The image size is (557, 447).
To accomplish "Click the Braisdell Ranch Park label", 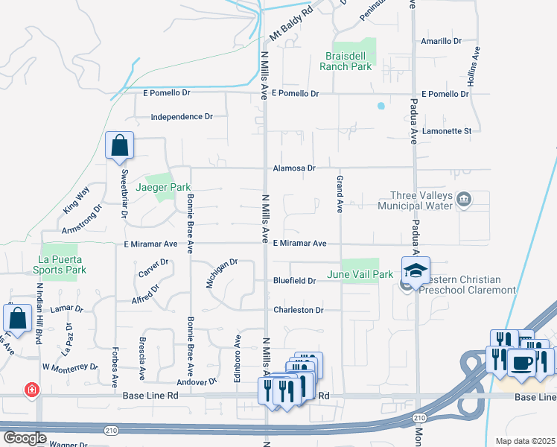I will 346,61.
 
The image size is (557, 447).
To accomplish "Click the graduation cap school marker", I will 416,269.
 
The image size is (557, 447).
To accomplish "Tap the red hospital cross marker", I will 31,390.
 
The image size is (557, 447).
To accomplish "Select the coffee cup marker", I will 521,362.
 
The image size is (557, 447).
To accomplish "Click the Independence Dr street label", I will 182,117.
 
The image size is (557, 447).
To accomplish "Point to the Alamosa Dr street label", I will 294,168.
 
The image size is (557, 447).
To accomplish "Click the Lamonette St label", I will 447,131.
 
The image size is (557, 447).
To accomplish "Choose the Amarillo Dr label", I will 441,42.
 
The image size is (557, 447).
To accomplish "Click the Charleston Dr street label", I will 298,310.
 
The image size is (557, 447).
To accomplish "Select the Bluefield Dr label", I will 296,281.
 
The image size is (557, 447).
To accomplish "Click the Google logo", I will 25,438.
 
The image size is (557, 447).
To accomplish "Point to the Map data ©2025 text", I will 525,441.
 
